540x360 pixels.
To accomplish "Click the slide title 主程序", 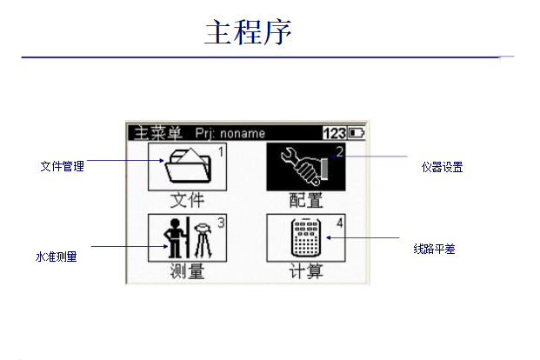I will pyautogui.click(x=248, y=32).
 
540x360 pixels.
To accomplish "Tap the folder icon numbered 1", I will pyautogui.click(x=187, y=165).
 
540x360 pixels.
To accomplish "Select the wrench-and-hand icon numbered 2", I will pyautogui.click(x=305, y=165).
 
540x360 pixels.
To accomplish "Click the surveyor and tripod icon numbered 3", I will pyautogui.click(x=187, y=237).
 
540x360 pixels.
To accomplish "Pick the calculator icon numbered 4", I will pyautogui.click(x=305, y=237).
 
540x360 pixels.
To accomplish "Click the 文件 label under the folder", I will pyautogui.click(x=187, y=200).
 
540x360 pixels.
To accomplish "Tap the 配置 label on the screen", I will pyautogui.click(x=305, y=200).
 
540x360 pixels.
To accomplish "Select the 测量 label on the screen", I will pyautogui.click(x=187, y=271).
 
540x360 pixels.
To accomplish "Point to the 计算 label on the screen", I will pyautogui.click(x=305, y=271).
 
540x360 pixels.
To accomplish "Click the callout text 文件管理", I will pyautogui.click(x=63, y=165).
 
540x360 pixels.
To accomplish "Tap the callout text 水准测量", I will pyautogui.click(x=56, y=257).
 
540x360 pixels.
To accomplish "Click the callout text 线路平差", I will pyautogui.click(x=435, y=249).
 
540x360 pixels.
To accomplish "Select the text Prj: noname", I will pyautogui.click(x=230, y=133).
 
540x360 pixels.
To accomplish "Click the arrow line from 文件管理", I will pyautogui.click(x=122, y=161).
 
